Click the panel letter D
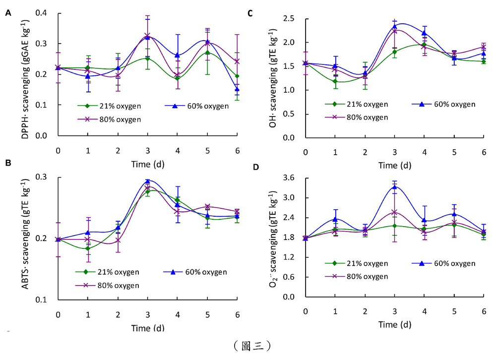tap(255, 167)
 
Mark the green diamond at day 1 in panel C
tap(335, 81)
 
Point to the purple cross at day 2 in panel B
tap(118, 240)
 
